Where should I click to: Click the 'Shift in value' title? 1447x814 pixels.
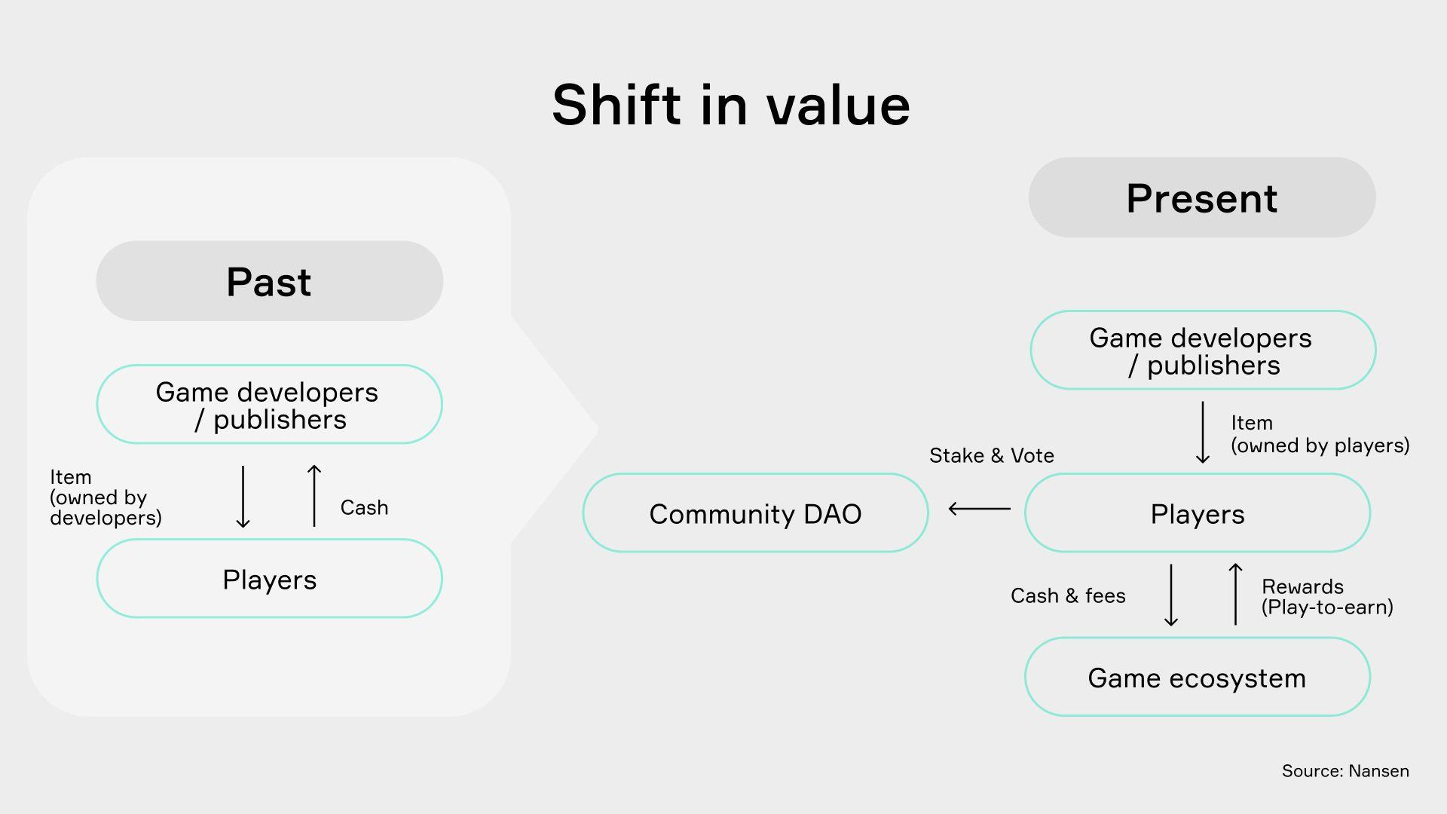pos(731,105)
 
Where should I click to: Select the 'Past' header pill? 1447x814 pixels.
pos(269,281)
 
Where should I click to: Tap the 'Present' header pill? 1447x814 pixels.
pos(1202,197)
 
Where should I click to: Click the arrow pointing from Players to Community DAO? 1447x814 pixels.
pos(980,509)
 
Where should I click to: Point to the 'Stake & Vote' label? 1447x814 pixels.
pos(992,455)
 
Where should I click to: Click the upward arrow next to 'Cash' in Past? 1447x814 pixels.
pos(314,495)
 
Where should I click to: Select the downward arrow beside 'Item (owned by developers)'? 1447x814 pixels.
pos(243,497)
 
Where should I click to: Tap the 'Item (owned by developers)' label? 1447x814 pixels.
pos(106,497)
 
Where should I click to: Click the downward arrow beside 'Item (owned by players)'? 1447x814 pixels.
pos(1203,432)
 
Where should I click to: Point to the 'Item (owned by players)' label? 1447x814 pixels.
pos(1320,434)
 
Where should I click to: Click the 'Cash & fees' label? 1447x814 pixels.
pos(1068,595)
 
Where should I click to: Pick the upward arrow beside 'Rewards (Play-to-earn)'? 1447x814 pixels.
pos(1235,594)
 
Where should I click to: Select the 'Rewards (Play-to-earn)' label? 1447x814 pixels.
pos(1327,597)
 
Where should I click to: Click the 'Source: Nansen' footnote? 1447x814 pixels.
pos(1345,771)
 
